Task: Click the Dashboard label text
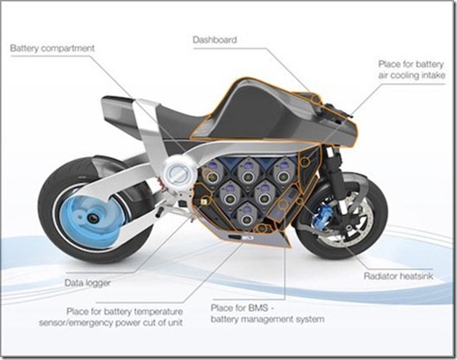tap(215, 38)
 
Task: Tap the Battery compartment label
tap(54, 49)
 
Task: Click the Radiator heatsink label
tap(402, 276)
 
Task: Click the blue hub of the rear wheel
tap(90, 213)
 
